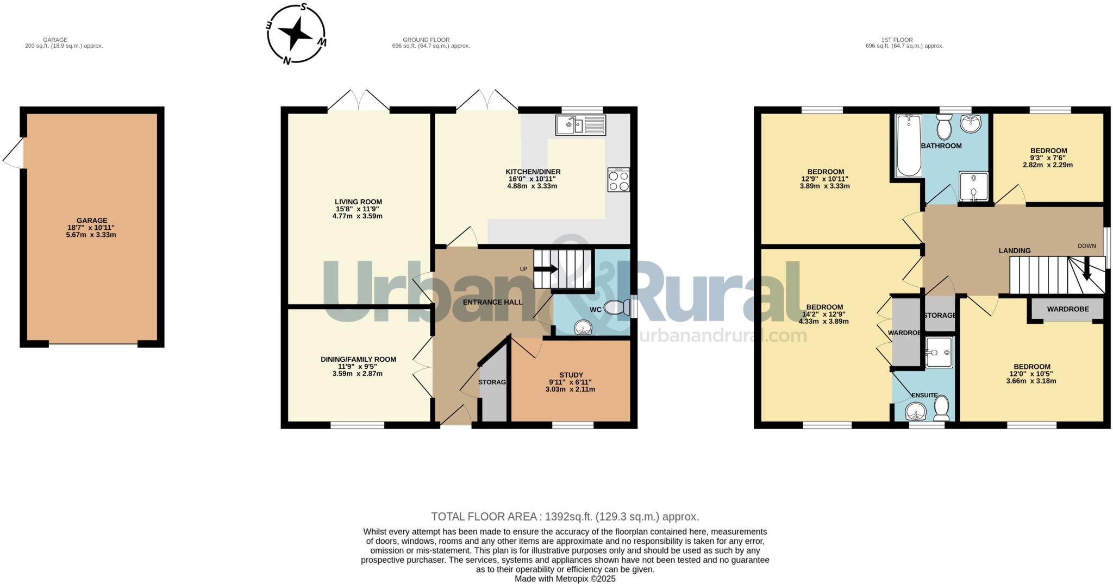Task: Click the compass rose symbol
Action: click(x=296, y=34)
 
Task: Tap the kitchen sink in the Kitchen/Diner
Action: click(x=580, y=125)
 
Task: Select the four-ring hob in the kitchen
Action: click(x=619, y=180)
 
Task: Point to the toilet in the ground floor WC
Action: click(x=616, y=307)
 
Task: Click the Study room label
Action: click(x=571, y=375)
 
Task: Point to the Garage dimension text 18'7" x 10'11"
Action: click(x=91, y=228)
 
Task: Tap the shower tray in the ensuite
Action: click(x=939, y=352)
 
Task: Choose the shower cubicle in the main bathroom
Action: click(x=973, y=186)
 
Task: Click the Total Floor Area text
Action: click(x=565, y=517)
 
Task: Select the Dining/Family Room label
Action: click(x=358, y=360)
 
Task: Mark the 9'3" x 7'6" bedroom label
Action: click(x=1048, y=158)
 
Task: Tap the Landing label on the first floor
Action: click(x=1014, y=250)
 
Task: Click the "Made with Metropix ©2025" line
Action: click(x=565, y=579)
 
